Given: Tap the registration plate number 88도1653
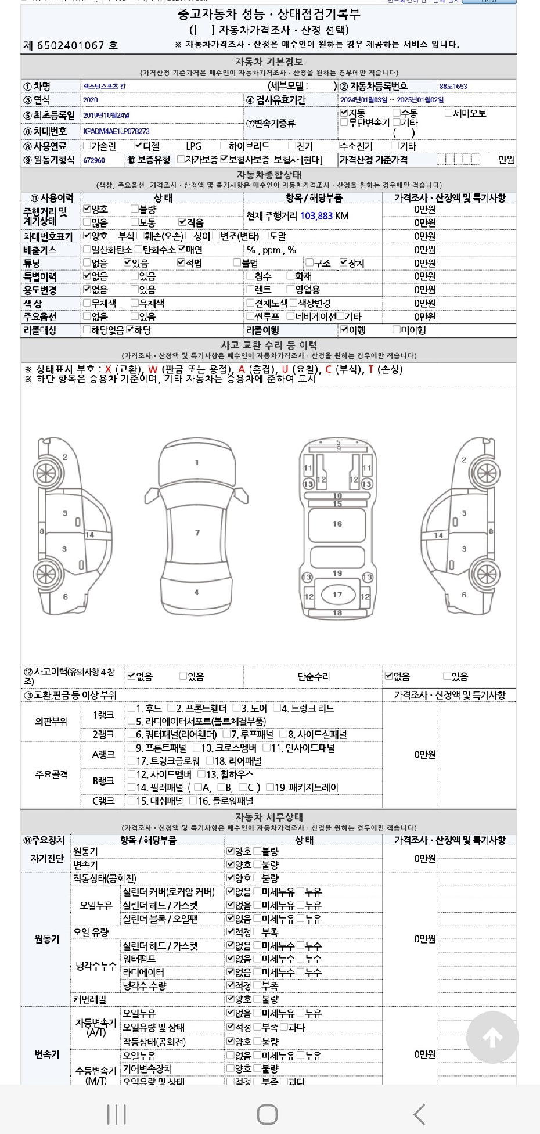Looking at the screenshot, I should point(453,87).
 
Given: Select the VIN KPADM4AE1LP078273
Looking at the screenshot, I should point(116,132).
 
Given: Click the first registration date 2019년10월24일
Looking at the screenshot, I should point(106,116).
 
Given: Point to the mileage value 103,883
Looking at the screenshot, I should point(316,216).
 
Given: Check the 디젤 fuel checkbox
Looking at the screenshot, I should point(138,146).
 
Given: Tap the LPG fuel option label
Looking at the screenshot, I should point(194,146).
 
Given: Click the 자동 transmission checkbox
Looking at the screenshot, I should point(344,113).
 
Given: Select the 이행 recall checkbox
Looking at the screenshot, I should point(344,330).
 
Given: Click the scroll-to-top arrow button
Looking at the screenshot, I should point(492,1037).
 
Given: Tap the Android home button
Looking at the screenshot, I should point(267,1114).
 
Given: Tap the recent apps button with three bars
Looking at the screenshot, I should point(117,1114).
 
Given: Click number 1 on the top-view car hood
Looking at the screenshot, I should point(197,463).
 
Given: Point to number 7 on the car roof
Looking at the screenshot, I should point(197,532).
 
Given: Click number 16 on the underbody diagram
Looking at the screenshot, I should point(337,524).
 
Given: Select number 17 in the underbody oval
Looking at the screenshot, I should point(337,595).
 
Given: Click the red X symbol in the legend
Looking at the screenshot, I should point(108,369).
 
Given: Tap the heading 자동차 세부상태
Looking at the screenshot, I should point(269,817).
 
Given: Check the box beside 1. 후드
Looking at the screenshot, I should point(132,708).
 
